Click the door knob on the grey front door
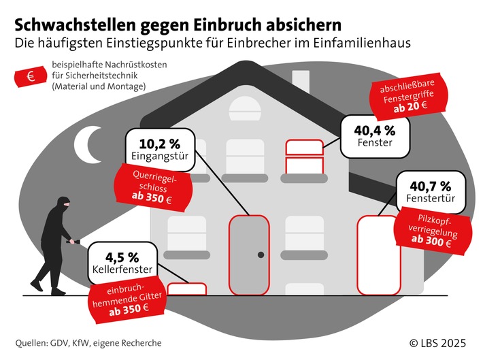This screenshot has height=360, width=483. pyautogui.click(x=260, y=255)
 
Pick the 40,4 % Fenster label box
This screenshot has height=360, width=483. pyautogui.click(x=371, y=134)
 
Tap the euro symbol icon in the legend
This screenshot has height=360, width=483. pyautogui.click(x=31, y=78)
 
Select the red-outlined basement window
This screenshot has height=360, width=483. pyautogui.click(x=186, y=289)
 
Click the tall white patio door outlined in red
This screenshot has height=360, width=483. pyautogui.click(x=373, y=255)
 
